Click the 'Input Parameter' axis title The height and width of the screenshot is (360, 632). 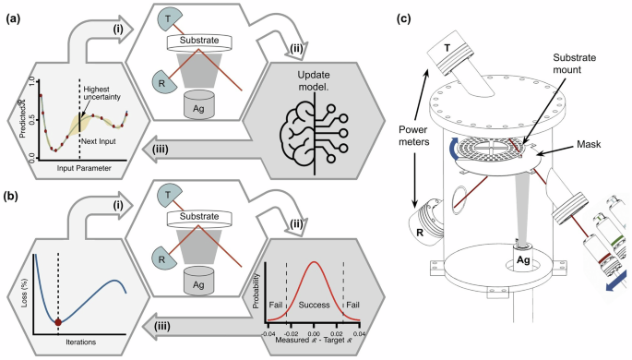pos(78,169)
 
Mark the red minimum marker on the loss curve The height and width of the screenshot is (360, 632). pos(58,322)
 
